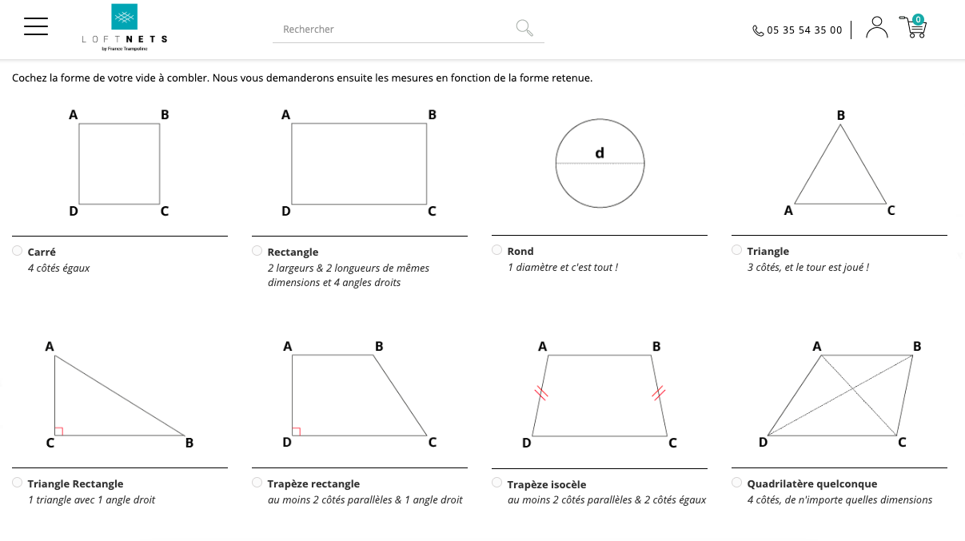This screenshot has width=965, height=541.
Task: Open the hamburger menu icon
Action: [36, 26]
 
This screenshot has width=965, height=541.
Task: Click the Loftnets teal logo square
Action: [124, 17]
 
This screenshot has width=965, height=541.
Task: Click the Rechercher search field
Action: [394, 30]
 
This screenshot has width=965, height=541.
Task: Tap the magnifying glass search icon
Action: [524, 28]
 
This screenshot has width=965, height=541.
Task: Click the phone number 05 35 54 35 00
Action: [804, 30]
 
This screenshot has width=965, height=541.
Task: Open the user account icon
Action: [877, 27]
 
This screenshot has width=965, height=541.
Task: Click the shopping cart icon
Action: [913, 26]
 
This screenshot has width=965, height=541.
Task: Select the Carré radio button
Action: [18, 251]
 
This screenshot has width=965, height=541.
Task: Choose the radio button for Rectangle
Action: [257, 251]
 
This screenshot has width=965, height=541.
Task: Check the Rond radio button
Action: [496, 250]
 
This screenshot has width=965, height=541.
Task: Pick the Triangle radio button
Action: [736, 250]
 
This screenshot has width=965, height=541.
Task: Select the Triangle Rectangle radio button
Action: [18, 483]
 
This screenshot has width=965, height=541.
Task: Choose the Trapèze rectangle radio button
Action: [257, 483]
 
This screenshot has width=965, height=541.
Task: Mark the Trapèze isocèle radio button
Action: [496, 483]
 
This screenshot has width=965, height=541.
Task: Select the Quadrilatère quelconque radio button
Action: [736, 483]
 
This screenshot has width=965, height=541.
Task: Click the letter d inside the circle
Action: [600, 153]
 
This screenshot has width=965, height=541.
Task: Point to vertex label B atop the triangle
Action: [840, 115]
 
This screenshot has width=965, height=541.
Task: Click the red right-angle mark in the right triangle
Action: [59, 432]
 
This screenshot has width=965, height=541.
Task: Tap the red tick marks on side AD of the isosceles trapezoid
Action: [541, 393]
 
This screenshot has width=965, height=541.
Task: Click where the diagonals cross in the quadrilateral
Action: [852, 389]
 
